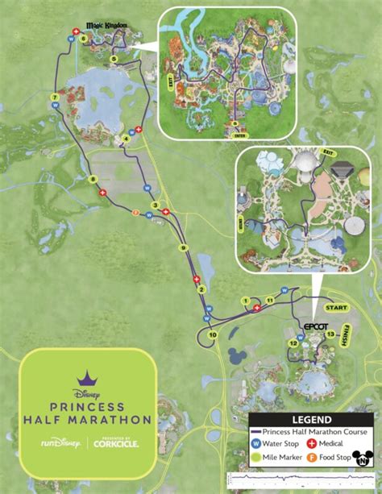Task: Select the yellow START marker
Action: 334,308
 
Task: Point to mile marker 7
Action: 54,98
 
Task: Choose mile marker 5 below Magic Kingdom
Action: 114,59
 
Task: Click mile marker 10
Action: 213,334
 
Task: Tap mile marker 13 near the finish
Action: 330,334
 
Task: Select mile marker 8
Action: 93,179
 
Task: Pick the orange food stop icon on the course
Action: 135,214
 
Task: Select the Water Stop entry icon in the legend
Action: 256,443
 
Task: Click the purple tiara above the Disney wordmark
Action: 86,377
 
